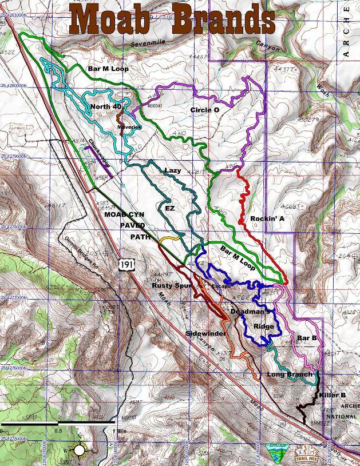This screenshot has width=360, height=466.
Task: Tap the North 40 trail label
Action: tap(106, 107)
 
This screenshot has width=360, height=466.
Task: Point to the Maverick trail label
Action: tap(129, 126)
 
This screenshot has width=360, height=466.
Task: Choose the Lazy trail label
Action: tap(172, 170)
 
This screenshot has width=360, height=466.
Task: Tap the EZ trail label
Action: tap(169, 209)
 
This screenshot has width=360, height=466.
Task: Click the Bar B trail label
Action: tap(307, 338)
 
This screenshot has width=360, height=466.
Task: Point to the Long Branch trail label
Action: tap(290, 375)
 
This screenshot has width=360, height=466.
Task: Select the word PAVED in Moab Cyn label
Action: tap(132, 225)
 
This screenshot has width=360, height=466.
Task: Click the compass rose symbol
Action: tap(79, 451)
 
